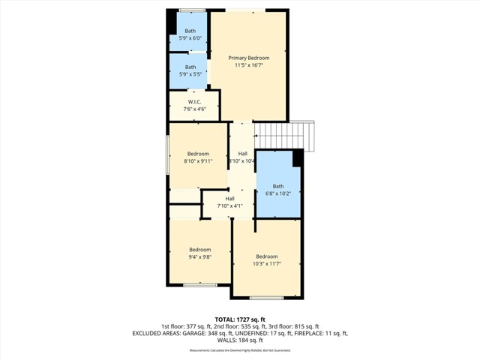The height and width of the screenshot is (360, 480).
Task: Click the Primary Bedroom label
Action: click(x=248, y=58)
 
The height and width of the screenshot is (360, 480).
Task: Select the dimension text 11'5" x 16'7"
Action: click(x=248, y=66)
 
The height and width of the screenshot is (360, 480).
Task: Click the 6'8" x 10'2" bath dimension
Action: click(x=278, y=194)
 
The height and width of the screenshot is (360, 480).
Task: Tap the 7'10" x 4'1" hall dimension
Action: click(x=229, y=206)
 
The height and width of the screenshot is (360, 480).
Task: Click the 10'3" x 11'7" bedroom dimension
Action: click(x=266, y=264)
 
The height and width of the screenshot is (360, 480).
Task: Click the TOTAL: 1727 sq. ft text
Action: click(x=240, y=319)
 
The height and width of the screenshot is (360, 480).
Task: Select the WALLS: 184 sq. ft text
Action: click(x=240, y=340)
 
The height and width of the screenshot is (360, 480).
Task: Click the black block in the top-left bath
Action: click(x=172, y=22)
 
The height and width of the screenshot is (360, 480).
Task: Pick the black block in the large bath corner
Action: click(x=298, y=157)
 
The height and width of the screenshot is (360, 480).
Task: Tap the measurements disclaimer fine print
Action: click(x=240, y=350)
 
